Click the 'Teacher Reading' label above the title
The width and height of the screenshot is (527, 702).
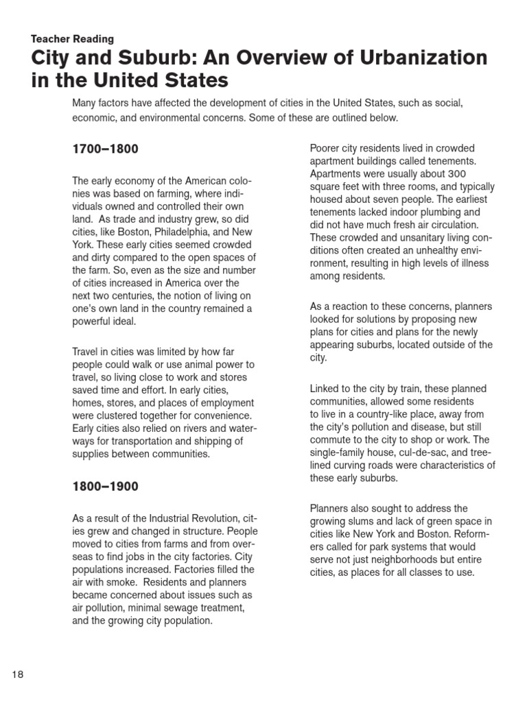pyautogui.click(x=73, y=39)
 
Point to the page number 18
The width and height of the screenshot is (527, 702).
pyautogui.click(x=17, y=675)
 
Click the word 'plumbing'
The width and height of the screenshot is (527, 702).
pyautogui.click(x=451, y=212)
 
